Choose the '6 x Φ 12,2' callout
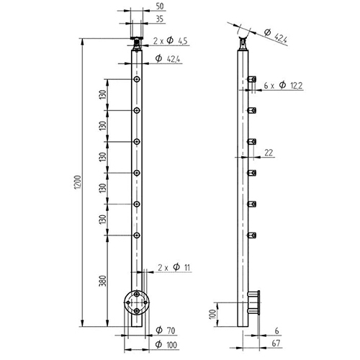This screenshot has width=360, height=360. [x=288, y=86]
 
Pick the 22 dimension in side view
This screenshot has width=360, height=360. [x=269, y=152]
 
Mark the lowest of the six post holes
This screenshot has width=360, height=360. [x=135, y=235]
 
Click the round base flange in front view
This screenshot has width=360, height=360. [x=135, y=302]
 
